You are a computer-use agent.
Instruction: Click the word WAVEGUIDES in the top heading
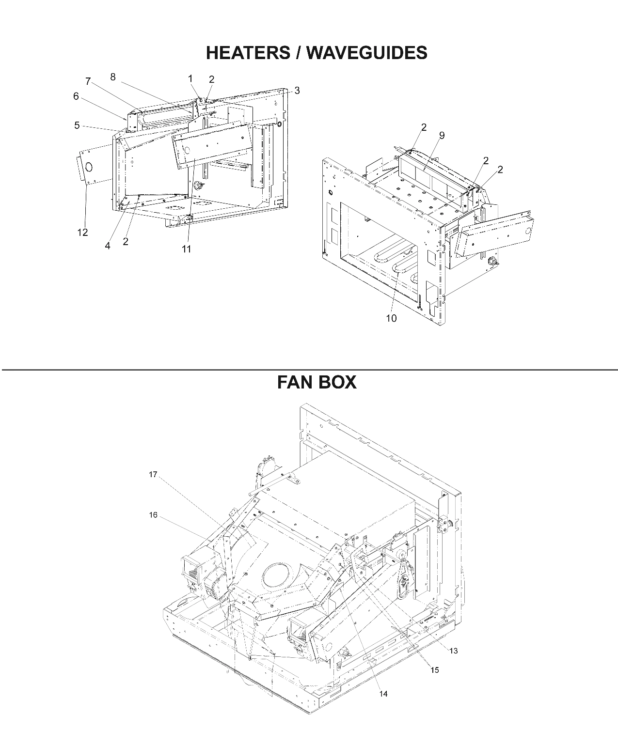click(x=367, y=53)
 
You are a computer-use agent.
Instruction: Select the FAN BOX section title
click(x=317, y=383)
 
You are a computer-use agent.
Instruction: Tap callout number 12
click(x=82, y=233)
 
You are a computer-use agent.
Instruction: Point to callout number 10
click(x=391, y=318)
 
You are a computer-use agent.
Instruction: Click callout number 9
click(x=442, y=136)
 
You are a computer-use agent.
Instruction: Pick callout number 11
click(x=186, y=249)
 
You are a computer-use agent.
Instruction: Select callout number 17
click(x=153, y=475)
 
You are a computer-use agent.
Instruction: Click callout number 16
click(x=153, y=515)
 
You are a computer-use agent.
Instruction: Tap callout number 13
click(x=453, y=651)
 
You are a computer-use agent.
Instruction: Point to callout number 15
click(x=435, y=670)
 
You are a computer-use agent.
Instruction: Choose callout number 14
click(x=383, y=694)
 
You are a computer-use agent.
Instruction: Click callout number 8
click(x=113, y=77)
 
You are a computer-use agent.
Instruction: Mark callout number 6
click(x=76, y=96)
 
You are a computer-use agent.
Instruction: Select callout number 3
click(x=297, y=91)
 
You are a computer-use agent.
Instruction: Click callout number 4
click(x=108, y=246)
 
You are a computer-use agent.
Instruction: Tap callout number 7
click(x=88, y=81)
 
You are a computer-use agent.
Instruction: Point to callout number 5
click(x=77, y=126)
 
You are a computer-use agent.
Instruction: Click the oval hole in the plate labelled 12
click(x=89, y=167)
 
